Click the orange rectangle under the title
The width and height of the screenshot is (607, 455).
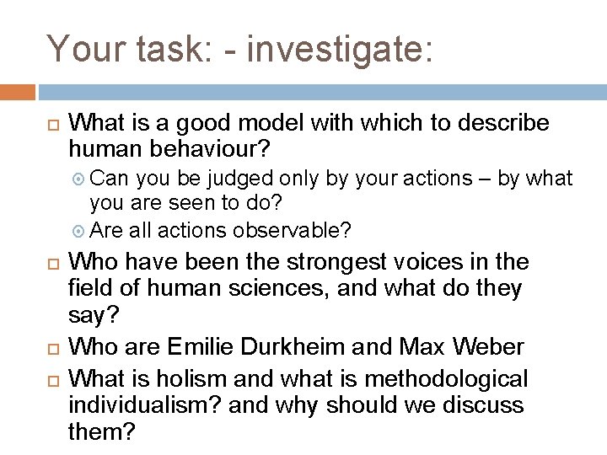click(18, 92)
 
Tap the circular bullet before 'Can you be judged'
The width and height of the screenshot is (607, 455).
click(80, 179)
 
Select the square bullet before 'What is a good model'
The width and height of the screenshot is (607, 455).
click(48, 124)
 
